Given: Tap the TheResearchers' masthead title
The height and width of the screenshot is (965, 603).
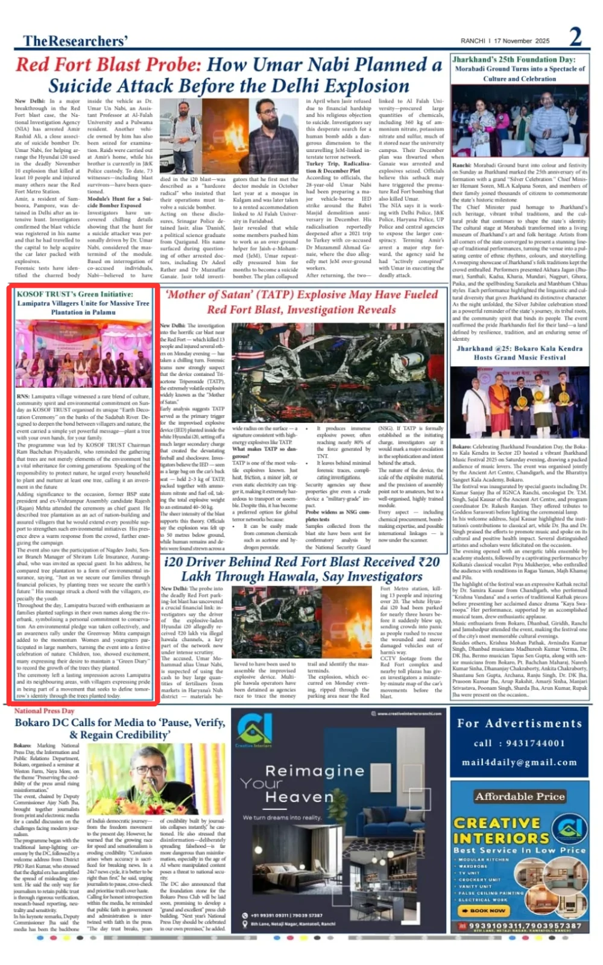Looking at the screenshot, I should coord(75,40).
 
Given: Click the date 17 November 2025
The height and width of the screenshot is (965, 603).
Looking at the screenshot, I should coord(522,41).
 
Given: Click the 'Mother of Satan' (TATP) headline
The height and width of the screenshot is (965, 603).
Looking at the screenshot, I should coord(301,302).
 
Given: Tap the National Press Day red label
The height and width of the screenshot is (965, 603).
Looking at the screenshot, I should coord(44,710).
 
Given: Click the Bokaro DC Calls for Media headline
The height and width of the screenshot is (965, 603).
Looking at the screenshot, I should coord(119,728).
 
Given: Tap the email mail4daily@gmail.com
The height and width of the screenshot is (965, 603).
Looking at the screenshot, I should coord(519,762).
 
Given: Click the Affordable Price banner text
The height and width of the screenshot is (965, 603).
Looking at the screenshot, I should coord(519,796).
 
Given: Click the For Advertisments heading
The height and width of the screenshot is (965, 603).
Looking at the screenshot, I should coord(519,723).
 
